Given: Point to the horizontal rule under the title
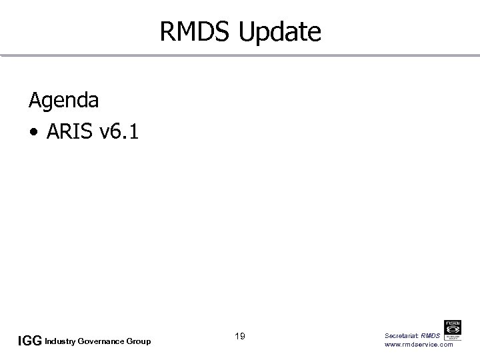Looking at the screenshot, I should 240,55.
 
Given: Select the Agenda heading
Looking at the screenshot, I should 64,101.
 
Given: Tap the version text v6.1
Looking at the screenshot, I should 118,132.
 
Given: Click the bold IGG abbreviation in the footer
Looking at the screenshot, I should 29,341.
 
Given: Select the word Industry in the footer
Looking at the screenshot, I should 60,342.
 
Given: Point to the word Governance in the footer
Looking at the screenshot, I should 102,342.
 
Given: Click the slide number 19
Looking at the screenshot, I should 240,336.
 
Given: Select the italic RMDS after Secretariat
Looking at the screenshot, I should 431,335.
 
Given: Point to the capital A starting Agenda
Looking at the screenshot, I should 35,101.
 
